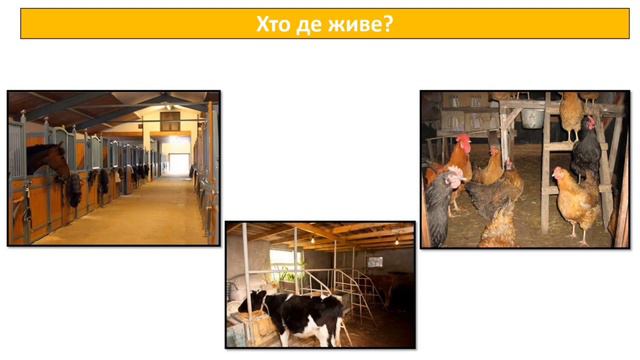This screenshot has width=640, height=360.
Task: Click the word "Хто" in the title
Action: tap(276, 23)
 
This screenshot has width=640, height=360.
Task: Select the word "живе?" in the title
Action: tap(361, 23)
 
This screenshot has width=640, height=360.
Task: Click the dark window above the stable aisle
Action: tap(170, 121)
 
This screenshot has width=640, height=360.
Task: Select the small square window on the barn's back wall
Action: tap(375, 261)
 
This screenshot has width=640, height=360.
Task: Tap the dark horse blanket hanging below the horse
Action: tap(73, 191)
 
